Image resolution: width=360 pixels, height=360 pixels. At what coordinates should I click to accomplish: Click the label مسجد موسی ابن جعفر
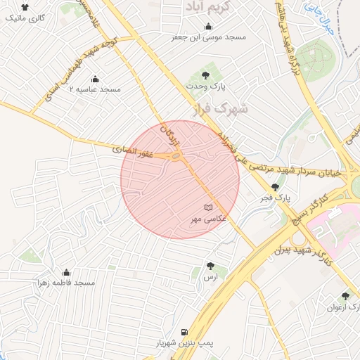(x=205, y=37)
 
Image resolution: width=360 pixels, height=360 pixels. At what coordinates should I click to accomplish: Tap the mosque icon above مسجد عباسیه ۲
(x=96, y=79)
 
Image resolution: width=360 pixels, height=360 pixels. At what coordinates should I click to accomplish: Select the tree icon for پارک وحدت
(x=205, y=74)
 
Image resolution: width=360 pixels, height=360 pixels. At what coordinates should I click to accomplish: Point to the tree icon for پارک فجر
(x=274, y=187)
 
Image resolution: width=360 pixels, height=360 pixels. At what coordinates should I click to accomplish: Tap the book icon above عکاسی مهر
(x=207, y=207)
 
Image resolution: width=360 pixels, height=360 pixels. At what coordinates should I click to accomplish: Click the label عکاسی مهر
(x=207, y=219)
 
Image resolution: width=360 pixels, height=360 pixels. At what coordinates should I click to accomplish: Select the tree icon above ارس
(x=210, y=266)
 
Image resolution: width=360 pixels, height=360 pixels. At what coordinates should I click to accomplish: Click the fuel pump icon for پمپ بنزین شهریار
(x=184, y=332)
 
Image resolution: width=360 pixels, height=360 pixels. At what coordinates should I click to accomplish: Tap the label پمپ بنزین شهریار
(x=184, y=344)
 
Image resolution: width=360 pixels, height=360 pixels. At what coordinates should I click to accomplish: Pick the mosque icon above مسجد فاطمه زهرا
(x=67, y=271)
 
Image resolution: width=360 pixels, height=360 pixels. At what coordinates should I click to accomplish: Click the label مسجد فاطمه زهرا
(x=67, y=283)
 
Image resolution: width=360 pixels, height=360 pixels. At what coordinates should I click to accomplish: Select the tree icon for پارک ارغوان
(x=345, y=296)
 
